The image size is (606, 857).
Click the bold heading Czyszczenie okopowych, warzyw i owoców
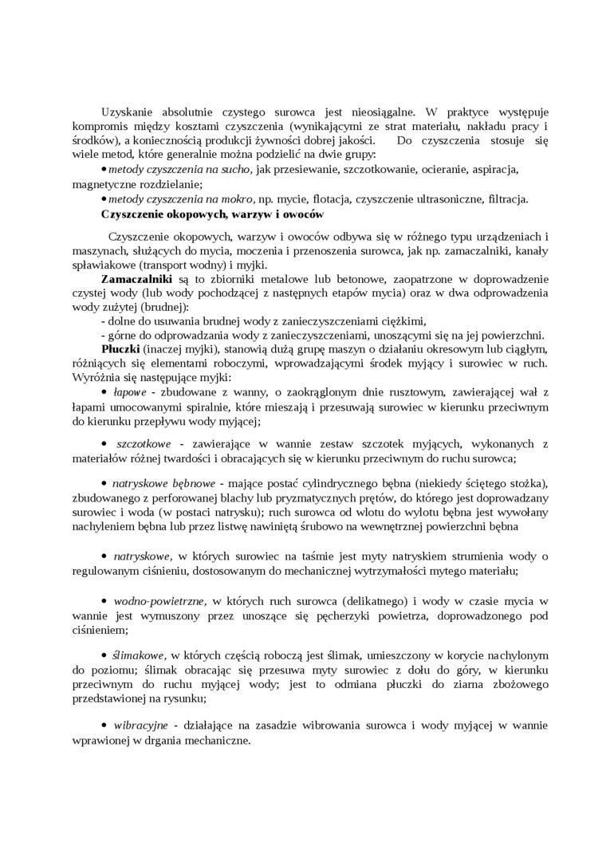click(214, 214)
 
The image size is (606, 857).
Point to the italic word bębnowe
click(195, 483)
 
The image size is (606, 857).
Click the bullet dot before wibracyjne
click(105, 725)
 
